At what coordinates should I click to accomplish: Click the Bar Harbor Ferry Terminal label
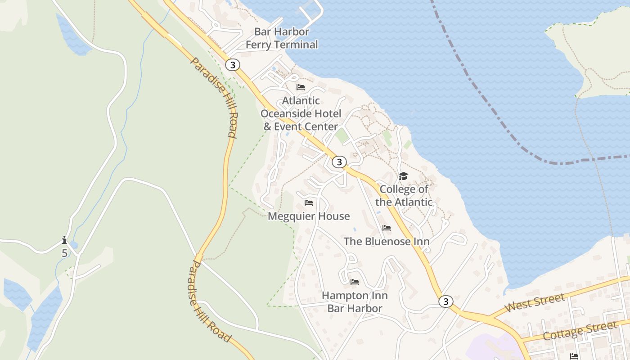click(x=282, y=38)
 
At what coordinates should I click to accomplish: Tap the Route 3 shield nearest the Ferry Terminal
click(x=232, y=65)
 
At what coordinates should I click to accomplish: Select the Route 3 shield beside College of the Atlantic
click(x=339, y=162)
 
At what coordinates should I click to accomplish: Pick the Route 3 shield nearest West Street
click(x=445, y=301)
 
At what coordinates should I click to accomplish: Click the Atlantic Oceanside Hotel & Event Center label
click(x=301, y=114)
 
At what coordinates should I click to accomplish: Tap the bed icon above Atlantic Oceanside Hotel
click(x=301, y=87)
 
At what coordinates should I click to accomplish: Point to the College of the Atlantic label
click(x=404, y=196)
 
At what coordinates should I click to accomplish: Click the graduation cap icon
click(x=403, y=176)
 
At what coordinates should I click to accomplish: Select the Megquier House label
click(x=309, y=216)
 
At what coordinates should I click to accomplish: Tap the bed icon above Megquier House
click(x=309, y=203)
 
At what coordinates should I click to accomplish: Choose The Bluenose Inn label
click(x=387, y=242)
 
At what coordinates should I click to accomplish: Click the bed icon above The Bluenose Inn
click(x=387, y=228)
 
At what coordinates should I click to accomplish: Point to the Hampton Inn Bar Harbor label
click(x=355, y=302)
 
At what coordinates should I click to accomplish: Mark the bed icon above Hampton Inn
click(x=355, y=282)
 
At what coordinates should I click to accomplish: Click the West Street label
click(x=535, y=303)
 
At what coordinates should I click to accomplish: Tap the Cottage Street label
click(x=580, y=331)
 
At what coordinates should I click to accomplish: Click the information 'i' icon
click(x=64, y=240)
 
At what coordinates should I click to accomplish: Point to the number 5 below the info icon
click(x=64, y=253)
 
